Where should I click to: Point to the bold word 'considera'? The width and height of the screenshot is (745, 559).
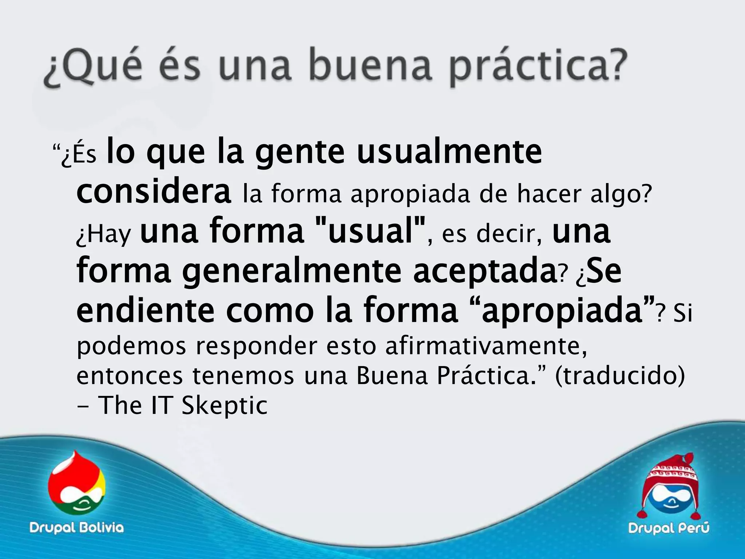point(154,192)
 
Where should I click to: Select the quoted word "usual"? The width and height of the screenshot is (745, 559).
point(371,231)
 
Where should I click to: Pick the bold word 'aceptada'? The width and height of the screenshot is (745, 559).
point(484,271)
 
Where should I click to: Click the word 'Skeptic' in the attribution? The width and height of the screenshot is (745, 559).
point(224,405)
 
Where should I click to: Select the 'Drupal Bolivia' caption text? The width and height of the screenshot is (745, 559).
point(76,527)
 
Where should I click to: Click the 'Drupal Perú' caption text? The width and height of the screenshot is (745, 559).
point(669,527)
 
